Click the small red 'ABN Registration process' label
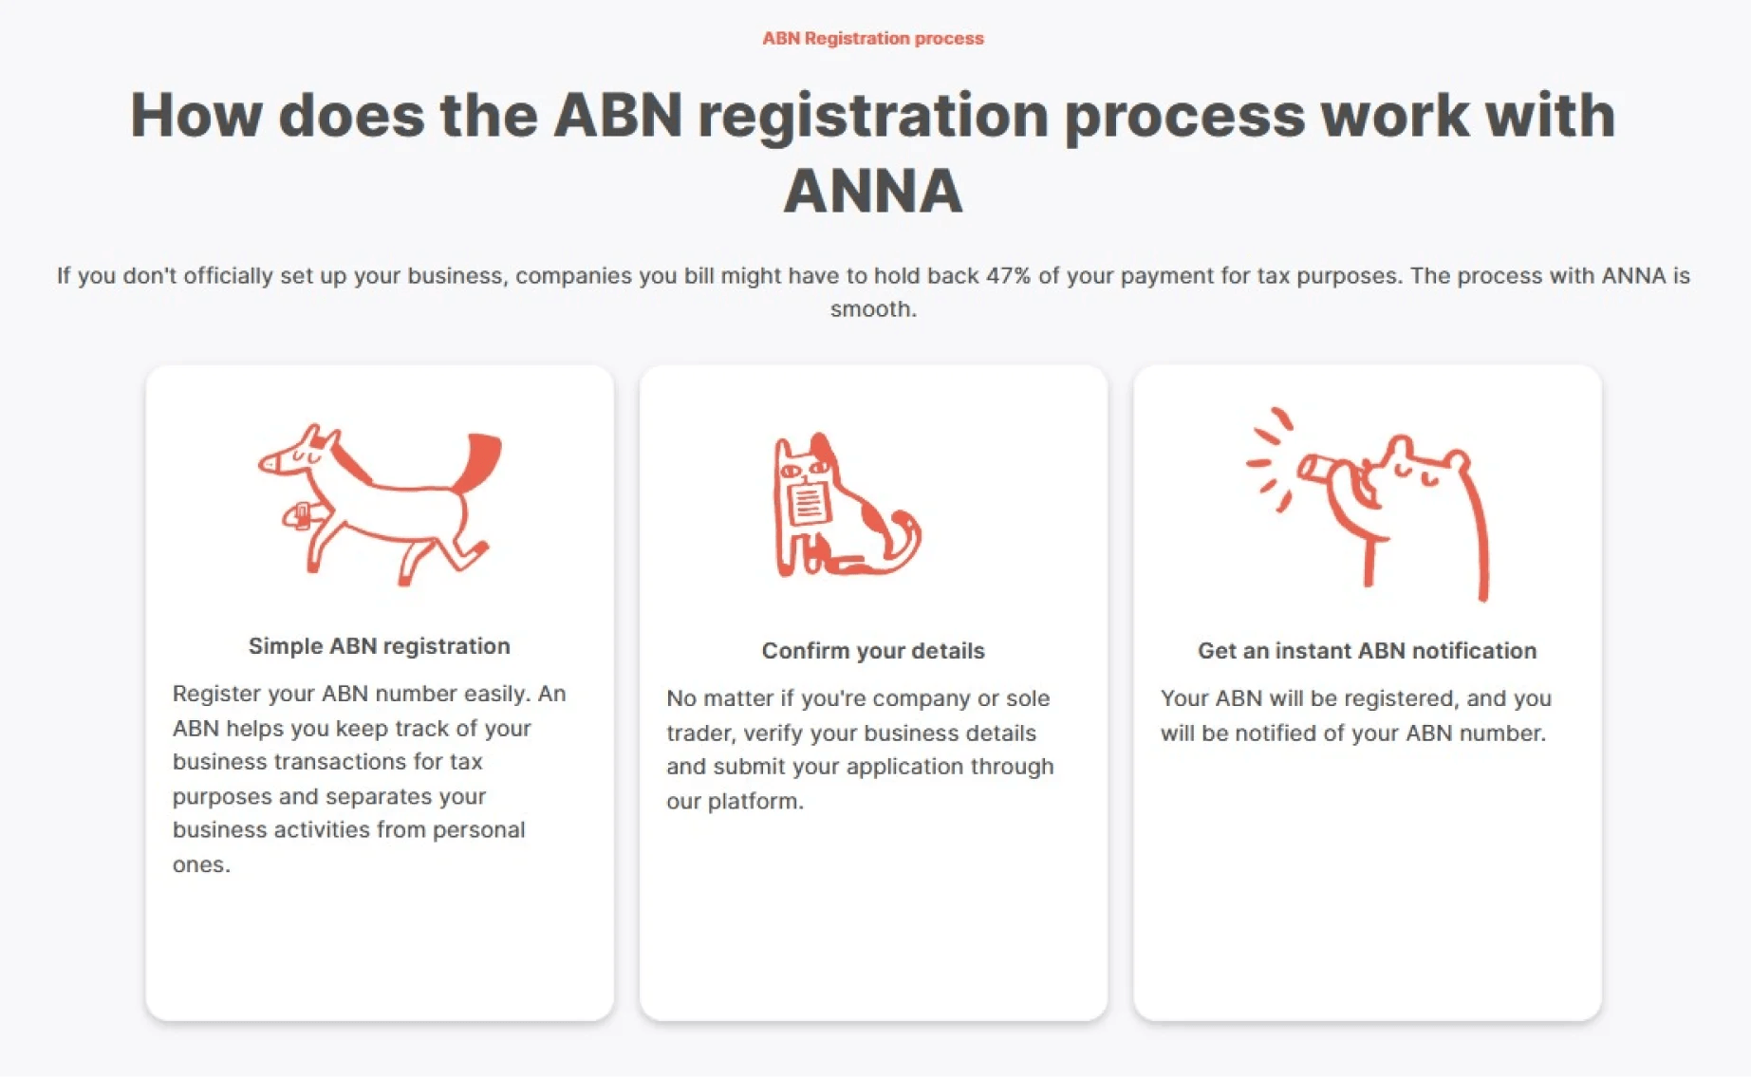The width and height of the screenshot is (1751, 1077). [872, 39]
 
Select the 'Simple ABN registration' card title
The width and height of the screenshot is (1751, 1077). [379, 646]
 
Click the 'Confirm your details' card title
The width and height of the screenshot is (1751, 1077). [872, 651]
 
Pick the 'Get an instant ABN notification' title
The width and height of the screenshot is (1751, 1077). [1367, 651]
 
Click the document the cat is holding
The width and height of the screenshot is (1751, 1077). [808, 503]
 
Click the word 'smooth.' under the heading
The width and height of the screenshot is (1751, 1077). [872, 309]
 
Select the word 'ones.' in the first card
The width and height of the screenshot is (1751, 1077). [201, 864]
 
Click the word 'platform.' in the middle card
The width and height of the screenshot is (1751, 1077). [755, 801]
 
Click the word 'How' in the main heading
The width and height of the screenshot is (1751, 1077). [196, 116]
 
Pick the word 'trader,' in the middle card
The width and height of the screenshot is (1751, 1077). [700, 733]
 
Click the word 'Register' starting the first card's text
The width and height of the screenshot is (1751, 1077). [215, 694]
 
